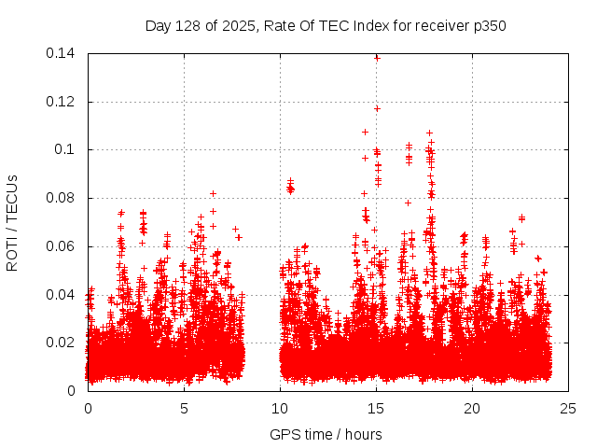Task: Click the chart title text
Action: pos(326,25)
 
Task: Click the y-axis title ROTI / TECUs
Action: pos(12,221)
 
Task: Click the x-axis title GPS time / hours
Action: pos(326,434)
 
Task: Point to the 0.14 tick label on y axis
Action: pos(62,53)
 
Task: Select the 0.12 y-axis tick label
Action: pos(62,102)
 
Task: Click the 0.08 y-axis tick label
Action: pos(62,198)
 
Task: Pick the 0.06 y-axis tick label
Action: pos(62,246)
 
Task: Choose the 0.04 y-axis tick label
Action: pos(62,295)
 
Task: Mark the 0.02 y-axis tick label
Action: pos(62,343)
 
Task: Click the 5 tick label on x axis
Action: pos(184,408)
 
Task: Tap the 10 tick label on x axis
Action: pos(280,408)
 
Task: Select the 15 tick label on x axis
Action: pos(376,408)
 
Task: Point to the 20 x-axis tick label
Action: pos(472,408)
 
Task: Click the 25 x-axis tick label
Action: pos(568,408)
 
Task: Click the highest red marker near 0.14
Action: pos(377,58)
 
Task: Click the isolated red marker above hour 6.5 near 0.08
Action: pos(214,194)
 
